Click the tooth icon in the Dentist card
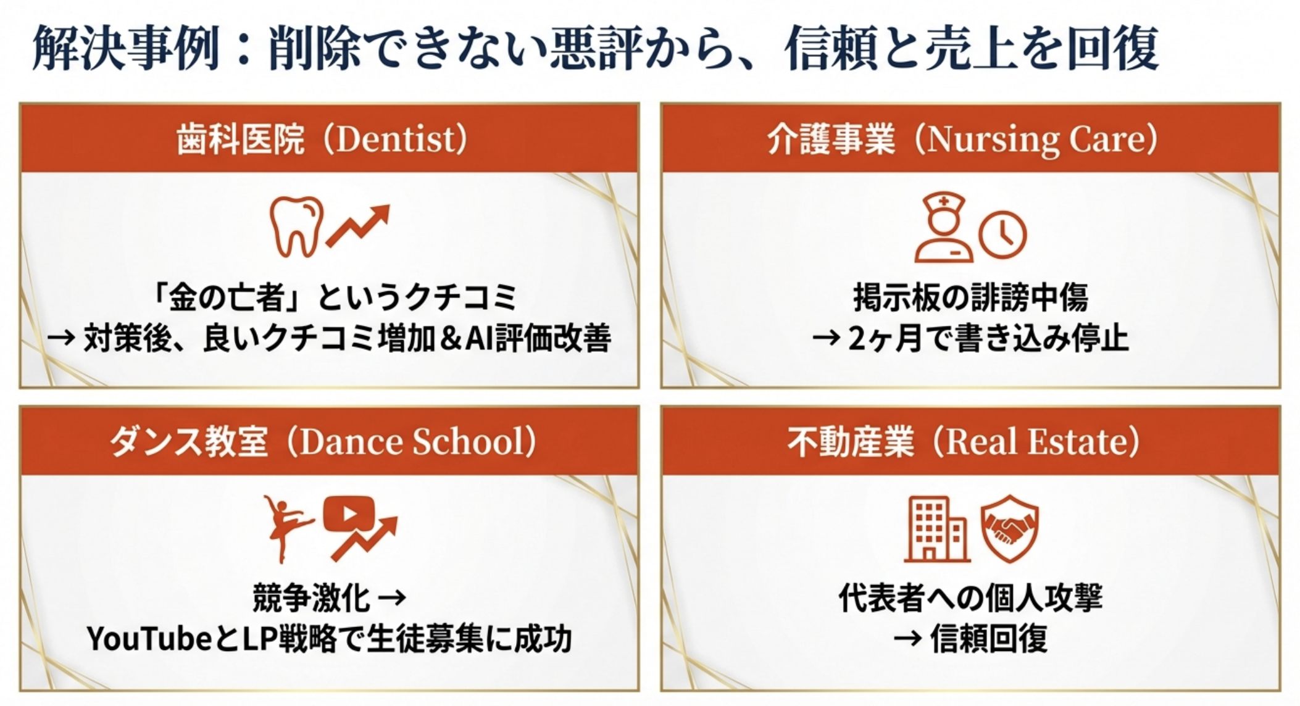(296, 226)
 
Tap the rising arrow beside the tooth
(358, 226)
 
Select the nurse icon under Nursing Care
(943, 227)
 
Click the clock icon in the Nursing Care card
(1002, 235)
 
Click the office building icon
(937, 529)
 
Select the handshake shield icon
(1010, 528)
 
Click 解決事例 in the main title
(126, 48)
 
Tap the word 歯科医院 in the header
(240, 139)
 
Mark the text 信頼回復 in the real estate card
(989, 638)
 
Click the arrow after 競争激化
(391, 597)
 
